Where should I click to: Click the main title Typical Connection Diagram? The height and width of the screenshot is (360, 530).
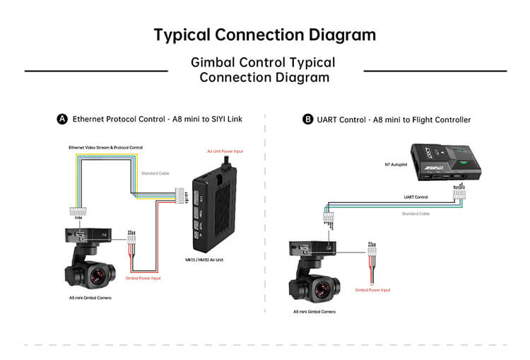(265, 35)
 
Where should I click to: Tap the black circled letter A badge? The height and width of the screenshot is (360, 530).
(62, 120)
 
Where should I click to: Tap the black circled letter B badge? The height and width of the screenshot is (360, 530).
(307, 120)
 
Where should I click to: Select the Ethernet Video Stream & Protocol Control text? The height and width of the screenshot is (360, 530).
(105, 147)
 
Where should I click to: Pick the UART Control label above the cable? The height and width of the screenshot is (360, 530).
(416, 197)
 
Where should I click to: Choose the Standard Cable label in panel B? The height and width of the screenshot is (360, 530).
(416, 213)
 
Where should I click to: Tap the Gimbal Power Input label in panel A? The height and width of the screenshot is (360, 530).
(143, 278)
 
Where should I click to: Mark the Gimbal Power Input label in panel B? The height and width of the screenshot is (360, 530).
(372, 290)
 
